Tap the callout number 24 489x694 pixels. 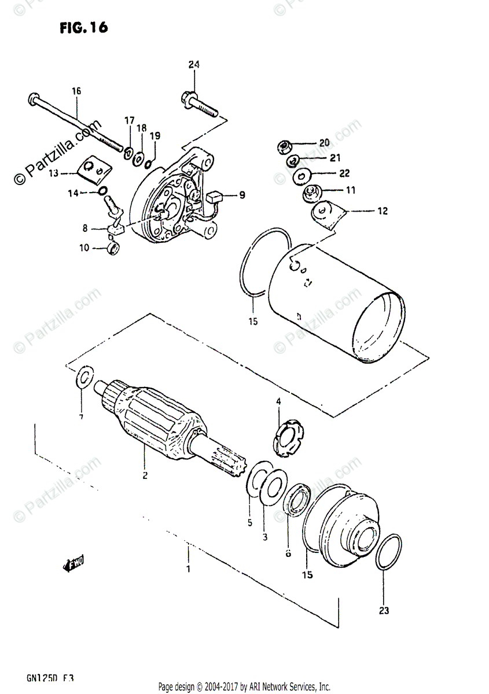[193, 65]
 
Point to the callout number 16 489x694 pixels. [76, 91]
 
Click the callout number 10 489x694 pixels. [84, 248]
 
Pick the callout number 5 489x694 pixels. [250, 523]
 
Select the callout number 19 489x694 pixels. [155, 136]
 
